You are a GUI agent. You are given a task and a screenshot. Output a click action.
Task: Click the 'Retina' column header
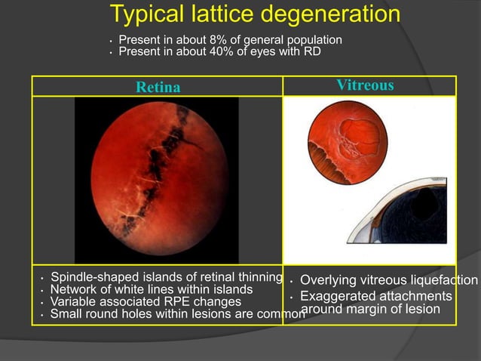(158, 87)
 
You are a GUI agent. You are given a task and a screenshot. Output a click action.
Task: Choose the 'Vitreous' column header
(365, 85)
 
